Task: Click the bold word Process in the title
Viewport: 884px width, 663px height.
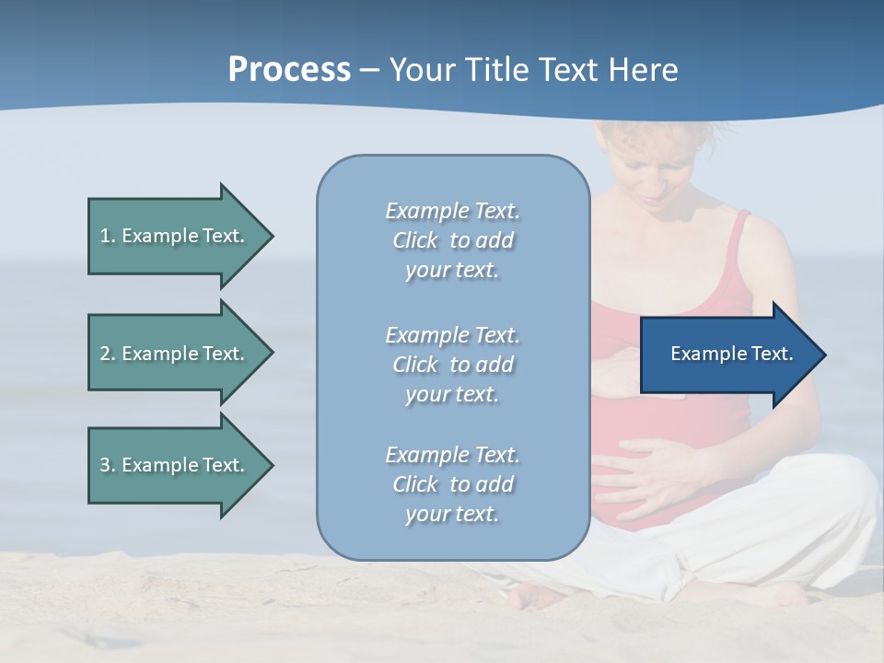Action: [x=289, y=70]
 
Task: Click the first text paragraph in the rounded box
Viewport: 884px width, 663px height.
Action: [x=452, y=240]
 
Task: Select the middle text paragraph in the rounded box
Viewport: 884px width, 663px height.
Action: [x=452, y=365]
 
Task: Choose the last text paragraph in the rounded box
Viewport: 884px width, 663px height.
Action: [x=452, y=484]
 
